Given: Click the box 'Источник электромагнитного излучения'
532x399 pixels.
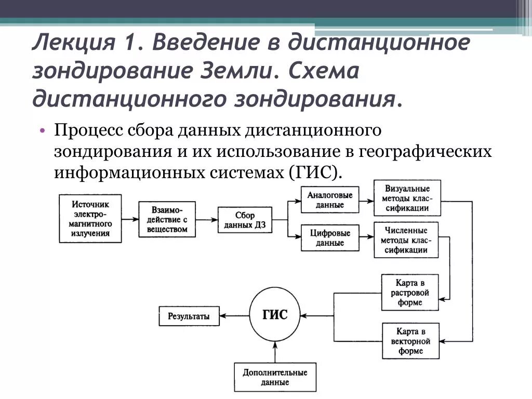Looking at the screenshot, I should coord(91,219).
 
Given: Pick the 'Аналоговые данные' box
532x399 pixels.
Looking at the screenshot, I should coord(330,200).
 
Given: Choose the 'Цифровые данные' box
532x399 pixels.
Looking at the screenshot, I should coord(330,237).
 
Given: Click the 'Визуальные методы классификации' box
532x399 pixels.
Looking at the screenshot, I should coord(407,198).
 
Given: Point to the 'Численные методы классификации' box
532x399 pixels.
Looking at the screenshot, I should coord(406,240).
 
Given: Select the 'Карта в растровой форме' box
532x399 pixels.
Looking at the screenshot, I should coord(410,291).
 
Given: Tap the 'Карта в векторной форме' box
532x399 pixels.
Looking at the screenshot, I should coord(410,341).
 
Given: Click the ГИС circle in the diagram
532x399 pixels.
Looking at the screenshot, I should coord(275,315).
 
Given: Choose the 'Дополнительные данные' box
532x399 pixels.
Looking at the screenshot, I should coord(275,377).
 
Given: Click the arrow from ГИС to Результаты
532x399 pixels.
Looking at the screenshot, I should coord(234,315).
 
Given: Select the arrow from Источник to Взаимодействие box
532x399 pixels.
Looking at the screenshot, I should coord(130,219).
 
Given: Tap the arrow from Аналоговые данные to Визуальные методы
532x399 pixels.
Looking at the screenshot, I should coord(365,200).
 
